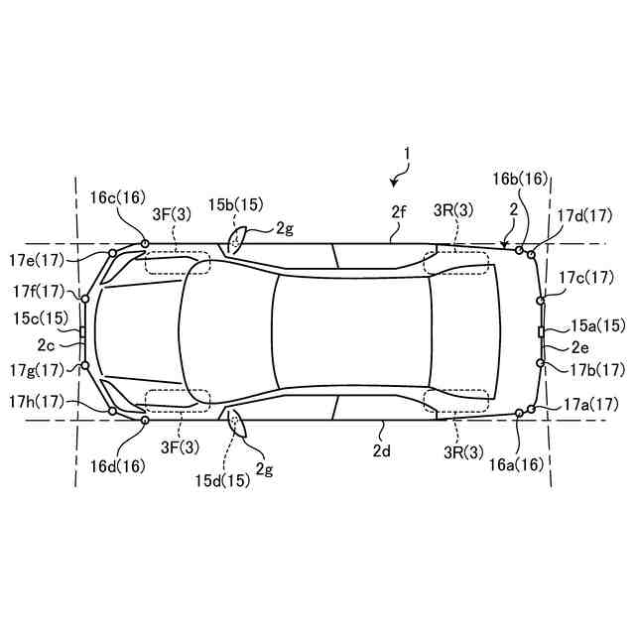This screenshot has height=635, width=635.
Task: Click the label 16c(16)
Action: [117, 197]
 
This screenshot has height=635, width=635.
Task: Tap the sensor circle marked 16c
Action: [145, 243]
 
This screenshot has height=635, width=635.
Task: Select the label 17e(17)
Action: [37, 260]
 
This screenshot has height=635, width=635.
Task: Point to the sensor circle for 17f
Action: [85, 299]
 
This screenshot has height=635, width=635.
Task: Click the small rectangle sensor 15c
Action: [82, 332]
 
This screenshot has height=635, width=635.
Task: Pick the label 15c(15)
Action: [41, 318]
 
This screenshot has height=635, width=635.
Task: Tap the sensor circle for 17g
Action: [85, 365]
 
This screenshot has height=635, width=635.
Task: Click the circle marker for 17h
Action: [112, 411]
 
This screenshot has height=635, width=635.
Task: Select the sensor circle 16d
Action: [145, 421]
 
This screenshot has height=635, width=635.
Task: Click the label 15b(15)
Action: [236, 204]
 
